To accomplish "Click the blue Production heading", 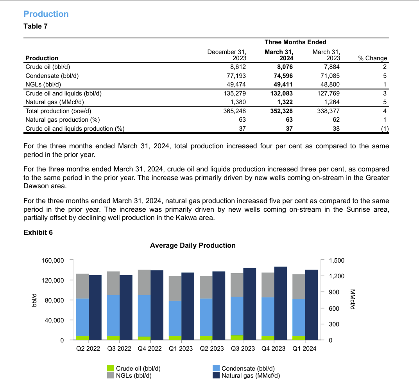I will tap(46, 14).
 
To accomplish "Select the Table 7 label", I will tap(36, 26).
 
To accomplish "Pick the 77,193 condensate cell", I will tap(236, 76).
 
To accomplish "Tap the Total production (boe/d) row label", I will tap(58, 111).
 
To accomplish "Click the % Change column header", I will tap(372, 58).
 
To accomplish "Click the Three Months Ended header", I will tap(295, 42).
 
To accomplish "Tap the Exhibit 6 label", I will tap(38, 232).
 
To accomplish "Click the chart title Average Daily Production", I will tap(193, 245).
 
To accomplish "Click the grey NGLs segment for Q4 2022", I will tap(144, 282).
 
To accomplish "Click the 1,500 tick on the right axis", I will tap(337, 261).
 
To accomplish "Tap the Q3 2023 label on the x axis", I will tap(243, 348).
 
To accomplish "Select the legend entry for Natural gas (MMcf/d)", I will tap(246, 376).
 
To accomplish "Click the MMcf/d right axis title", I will tap(353, 299).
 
